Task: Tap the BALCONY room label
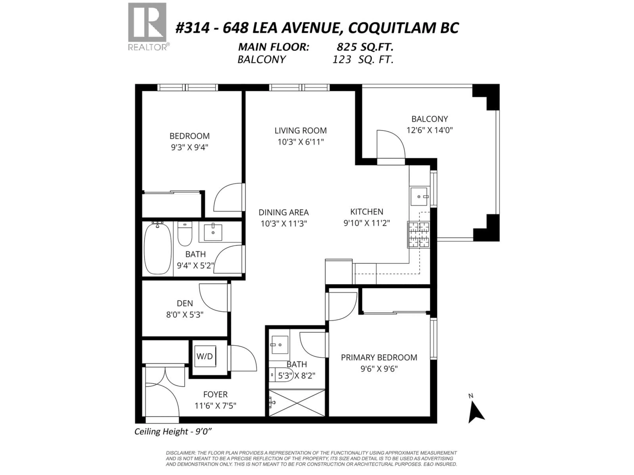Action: click(x=429, y=119)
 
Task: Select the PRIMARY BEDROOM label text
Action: click(x=379, y=357)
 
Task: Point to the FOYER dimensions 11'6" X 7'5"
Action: click(x=215, y=406)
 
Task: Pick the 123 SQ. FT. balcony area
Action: click(x=363, y=60)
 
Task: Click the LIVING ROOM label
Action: click(x=300, y=131)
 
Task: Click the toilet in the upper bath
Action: click(x=185, y=234)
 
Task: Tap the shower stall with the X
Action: click(x=297, y=403)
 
